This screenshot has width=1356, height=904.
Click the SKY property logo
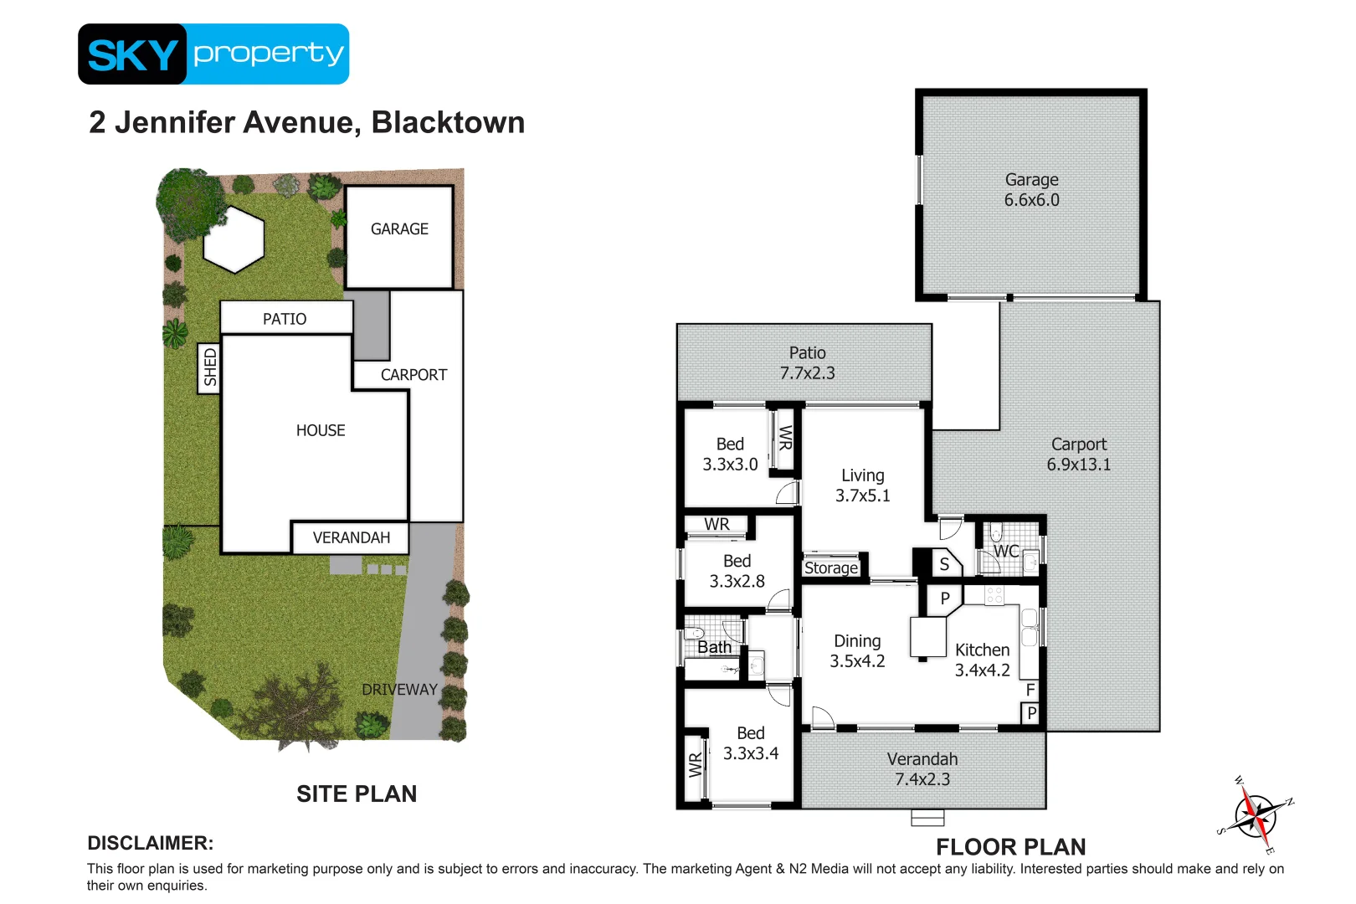pyautogui.click(x=213, y=54)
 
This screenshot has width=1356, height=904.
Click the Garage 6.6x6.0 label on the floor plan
pyautogui.click(x=1031, y=190)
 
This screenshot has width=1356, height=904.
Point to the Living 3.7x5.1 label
pyautogui.click(x=862, y=485)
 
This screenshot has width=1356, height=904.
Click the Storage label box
pyautogui.click(x=830, y=568)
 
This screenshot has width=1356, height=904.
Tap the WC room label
pyautogui.click(x=1005, y=551)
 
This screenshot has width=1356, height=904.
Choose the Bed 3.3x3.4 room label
pyautogui.click(x=750, y=743)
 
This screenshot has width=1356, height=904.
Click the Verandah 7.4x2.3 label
pyautogui.click(x=922, y=769)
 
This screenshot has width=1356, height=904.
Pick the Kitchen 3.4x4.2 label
pyautogui.click(x=982, y=660)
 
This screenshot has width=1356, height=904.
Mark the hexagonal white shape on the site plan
pyautogui.click(x=234, y=239)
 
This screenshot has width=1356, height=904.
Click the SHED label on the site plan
pyautogui.click(x=209, y=368)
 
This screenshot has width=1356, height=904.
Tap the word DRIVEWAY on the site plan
pyautogui.click(x=399, y=690)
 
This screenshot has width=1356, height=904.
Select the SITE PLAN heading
pyautogui.click(x=357, y=794)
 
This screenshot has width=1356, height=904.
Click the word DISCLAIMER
pyautogui.click(x=151, y=843)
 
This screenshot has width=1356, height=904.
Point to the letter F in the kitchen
pyautogui.click(x=1030, y=690)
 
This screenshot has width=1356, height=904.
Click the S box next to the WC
pyautogui.click(x=944, y=564)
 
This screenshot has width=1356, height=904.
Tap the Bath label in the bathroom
pyautogui.click(x=714, y=647)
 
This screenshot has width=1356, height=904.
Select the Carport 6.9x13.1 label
pyautogui.click(x=1078, y=455)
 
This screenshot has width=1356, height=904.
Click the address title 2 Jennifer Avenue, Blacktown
pyautogui.click(x=306, y=122)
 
